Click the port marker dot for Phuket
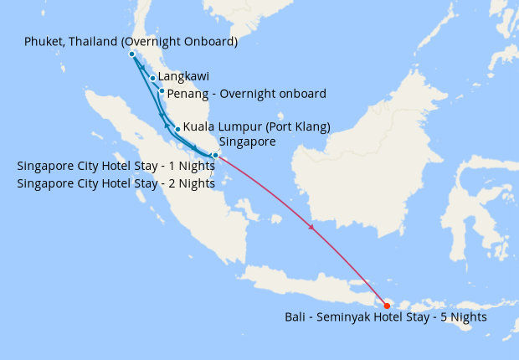[132, 54]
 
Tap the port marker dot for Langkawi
[152, 79]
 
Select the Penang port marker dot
[162, 91]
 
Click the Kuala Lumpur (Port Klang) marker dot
[177, 129]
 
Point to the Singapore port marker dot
[215, 156]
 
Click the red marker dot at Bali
[387, 306]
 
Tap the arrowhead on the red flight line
[312, 228]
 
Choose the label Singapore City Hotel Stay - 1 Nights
[116, 166]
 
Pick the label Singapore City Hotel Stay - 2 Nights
[116, 183]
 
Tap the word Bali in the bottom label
[295, 318]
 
